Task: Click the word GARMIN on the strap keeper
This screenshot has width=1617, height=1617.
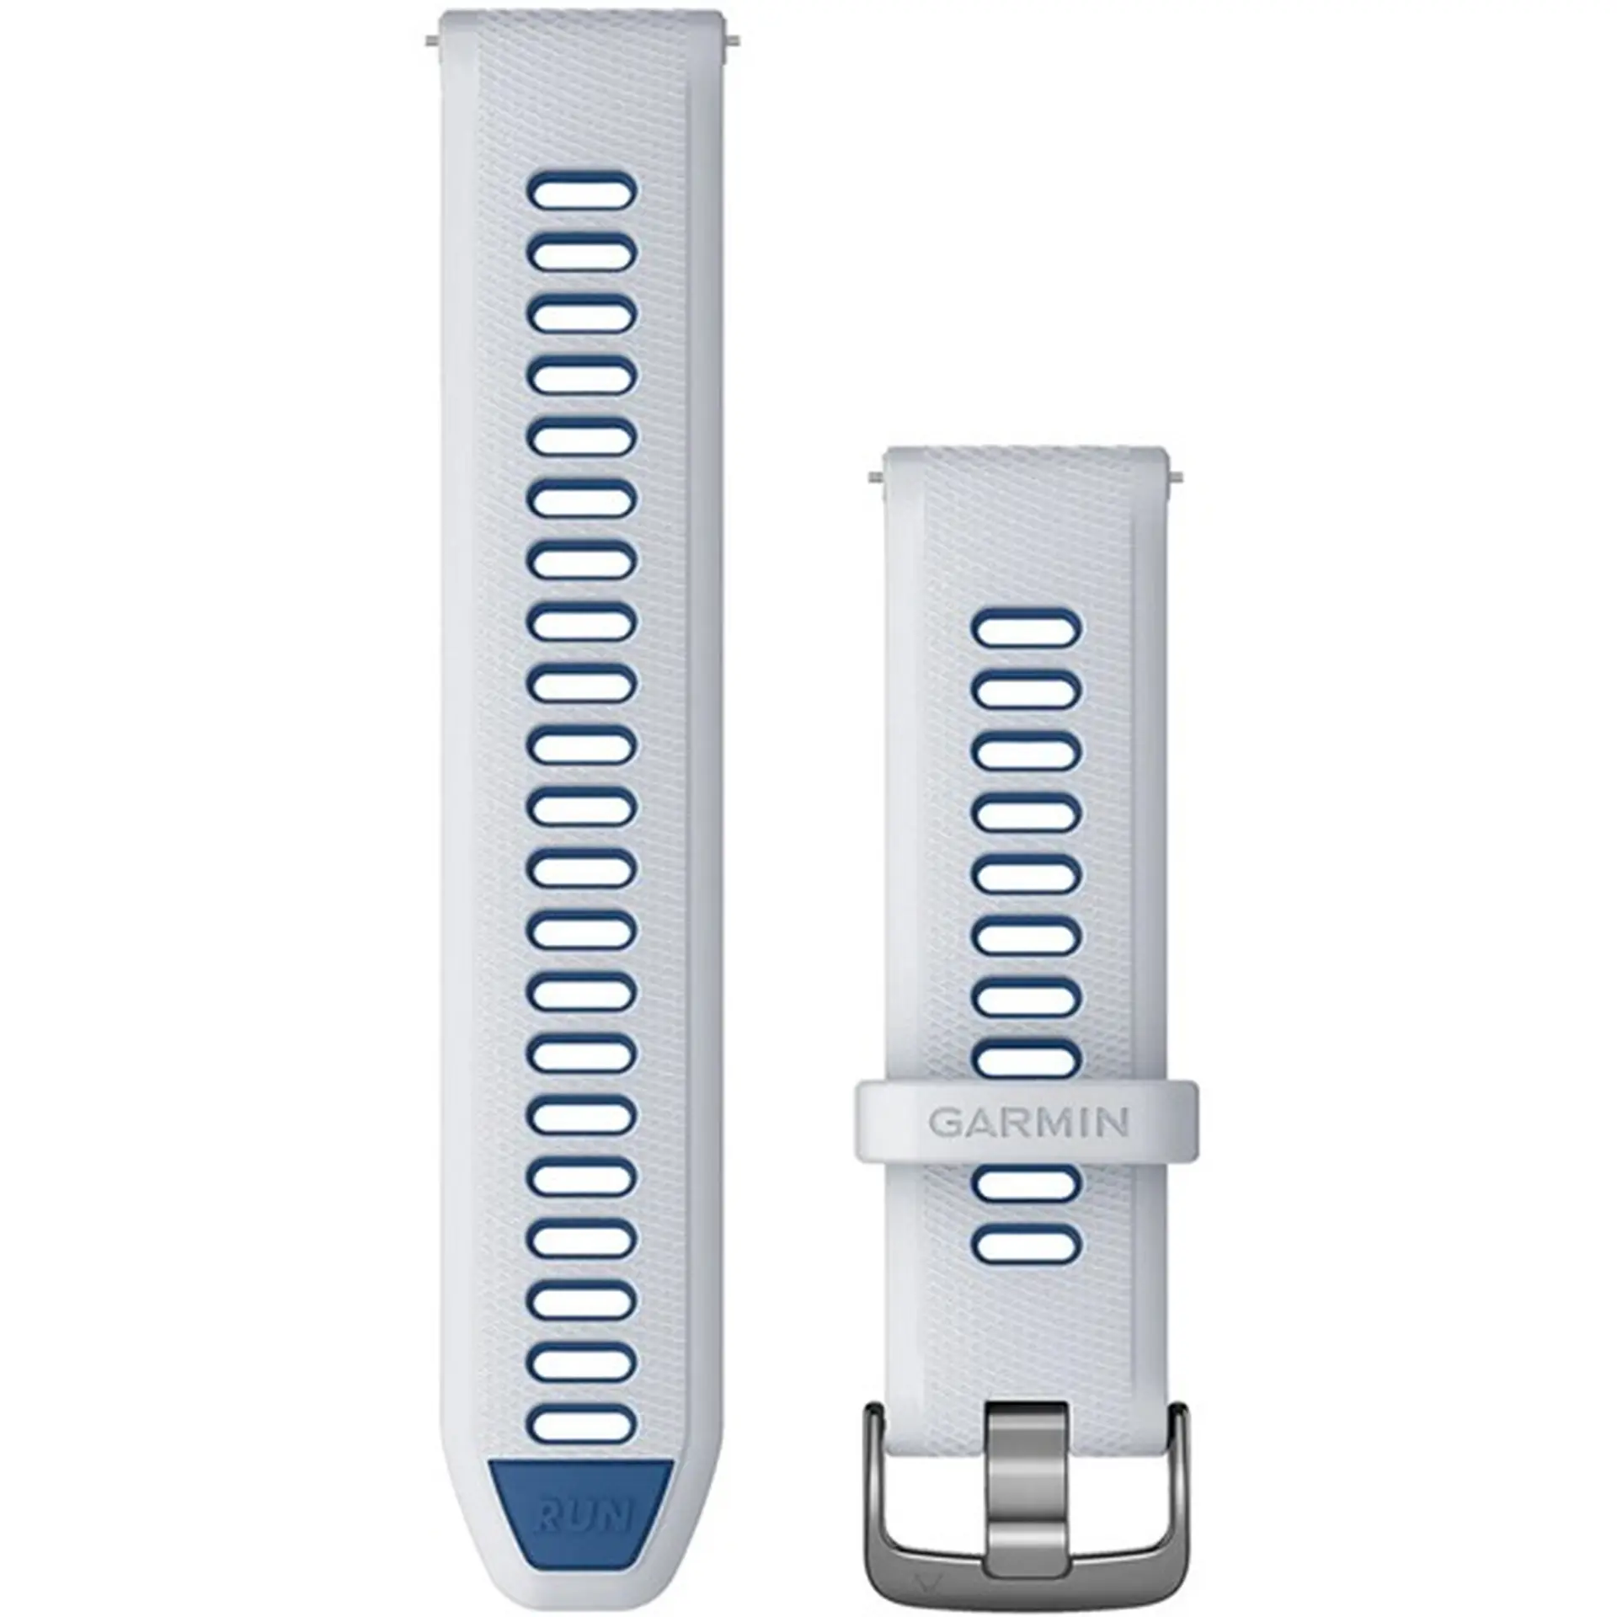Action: [x=1028, y=1123]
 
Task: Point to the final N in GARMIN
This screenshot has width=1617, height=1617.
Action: [x=1114, y=1123]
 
